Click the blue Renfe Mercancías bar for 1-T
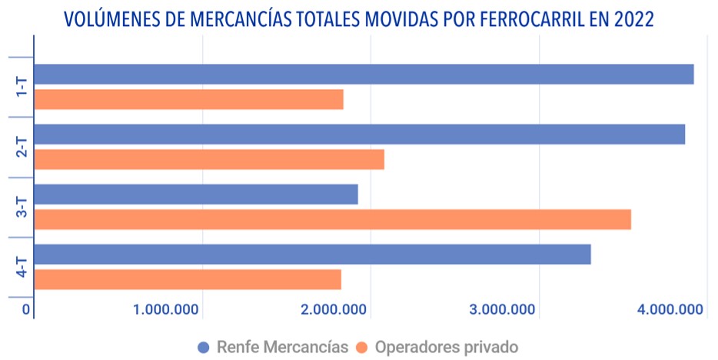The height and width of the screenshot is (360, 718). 364,74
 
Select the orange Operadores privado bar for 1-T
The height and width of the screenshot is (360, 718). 188,100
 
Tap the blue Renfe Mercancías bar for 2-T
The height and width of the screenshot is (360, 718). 359,134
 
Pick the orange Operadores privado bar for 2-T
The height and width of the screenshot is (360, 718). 209,159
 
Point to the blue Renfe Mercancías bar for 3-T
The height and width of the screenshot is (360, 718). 196,195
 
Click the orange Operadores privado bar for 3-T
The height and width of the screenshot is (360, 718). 332,219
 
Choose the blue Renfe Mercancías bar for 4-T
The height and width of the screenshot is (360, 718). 312,254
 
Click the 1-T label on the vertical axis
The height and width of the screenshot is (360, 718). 21,87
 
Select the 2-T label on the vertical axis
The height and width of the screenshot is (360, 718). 21,147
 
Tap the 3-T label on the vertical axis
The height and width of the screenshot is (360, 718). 21,207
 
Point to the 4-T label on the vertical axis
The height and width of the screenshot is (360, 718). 21,267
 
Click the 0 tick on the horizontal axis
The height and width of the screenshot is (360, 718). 26,310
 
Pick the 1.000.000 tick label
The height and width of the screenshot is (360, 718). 167,310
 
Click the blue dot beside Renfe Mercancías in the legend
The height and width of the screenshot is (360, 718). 204,346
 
